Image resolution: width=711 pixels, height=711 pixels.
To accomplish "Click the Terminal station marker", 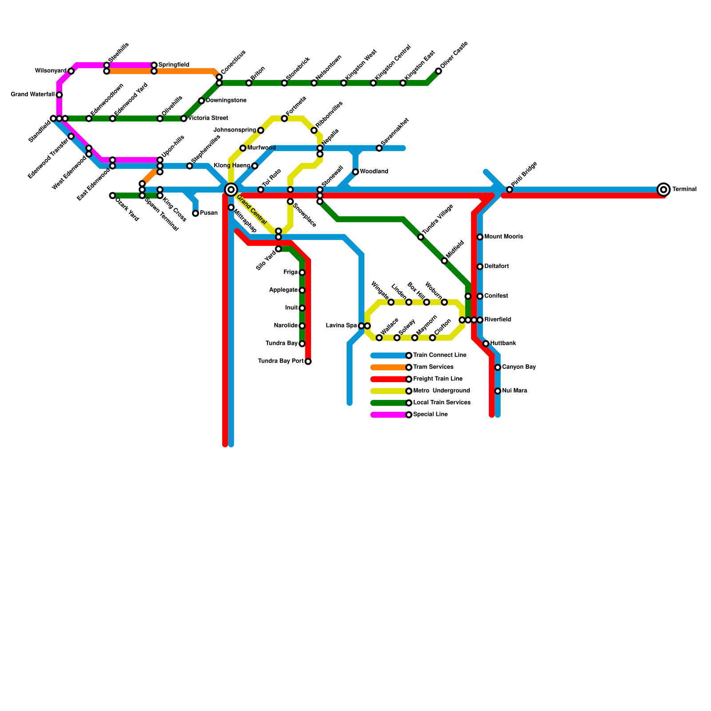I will coord(663,190).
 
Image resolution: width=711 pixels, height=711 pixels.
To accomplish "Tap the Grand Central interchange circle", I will coord(231,190).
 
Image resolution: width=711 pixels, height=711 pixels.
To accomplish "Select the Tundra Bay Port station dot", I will coord(308,361).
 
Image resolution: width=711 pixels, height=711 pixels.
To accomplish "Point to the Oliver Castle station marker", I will coord(439,71).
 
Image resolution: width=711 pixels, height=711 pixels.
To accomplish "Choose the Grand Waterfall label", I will coord(32,95).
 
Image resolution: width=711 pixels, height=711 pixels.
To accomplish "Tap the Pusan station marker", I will coord(196,213).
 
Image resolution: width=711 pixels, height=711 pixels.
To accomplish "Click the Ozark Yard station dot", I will coord(112,196).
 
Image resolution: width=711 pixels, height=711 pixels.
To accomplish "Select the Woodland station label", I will coord(374,172).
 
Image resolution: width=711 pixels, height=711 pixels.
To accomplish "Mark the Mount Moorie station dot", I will coord(480,237).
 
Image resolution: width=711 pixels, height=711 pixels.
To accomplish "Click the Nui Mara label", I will coord(515,391).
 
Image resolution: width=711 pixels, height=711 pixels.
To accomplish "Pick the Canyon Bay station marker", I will coord(498,367).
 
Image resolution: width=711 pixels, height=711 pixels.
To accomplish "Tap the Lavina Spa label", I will coord(341,326).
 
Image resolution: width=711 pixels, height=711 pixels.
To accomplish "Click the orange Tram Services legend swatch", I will coord(389,367).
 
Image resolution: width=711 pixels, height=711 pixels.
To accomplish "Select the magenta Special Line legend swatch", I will coord(389,415).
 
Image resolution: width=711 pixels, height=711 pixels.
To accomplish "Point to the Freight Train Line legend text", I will coord(438,379).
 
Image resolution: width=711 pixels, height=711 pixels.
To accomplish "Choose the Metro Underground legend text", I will coord(441,391).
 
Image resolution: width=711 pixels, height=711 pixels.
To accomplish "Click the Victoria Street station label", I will coord(208,118).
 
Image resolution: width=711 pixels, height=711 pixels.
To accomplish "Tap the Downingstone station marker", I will coord(201,101).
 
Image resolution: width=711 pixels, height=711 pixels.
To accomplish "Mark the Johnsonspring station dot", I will coord(260,130).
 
